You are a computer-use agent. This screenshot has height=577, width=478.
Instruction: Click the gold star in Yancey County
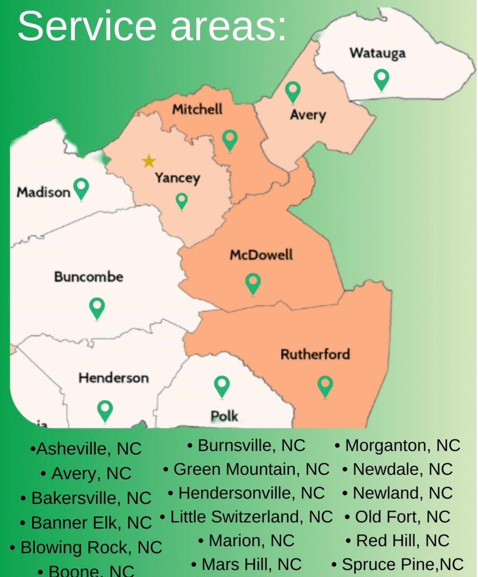tap(149, 161)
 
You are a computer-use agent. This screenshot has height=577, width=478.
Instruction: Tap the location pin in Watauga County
tap(382, 79)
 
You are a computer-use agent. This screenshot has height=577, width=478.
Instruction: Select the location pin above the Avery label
tap(293, 91)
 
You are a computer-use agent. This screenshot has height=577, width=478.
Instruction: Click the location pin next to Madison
tap(82, 188)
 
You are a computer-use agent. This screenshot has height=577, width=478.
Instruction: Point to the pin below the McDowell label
tap(253, 283)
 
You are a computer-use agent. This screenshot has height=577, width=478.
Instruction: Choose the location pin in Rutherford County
tap(325, 386)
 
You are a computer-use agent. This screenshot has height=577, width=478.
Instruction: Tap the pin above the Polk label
tap(222, 386)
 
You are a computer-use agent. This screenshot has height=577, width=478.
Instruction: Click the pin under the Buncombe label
tap(97, 308)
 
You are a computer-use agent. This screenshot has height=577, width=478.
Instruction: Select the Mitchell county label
tap(197, 110)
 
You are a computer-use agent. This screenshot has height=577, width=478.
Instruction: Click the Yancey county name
tap(177, 178)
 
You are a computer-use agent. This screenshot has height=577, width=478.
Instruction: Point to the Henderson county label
tap(113, 378)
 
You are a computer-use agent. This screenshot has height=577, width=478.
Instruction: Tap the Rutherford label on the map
tap(315, 354)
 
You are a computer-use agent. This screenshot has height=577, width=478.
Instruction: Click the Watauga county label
tap(378, 53)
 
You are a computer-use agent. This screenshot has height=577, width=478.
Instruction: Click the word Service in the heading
tap(86, 26)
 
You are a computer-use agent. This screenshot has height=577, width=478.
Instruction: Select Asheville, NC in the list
tap(86, 449)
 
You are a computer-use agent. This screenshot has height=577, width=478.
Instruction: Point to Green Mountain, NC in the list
tap(247, 469)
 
